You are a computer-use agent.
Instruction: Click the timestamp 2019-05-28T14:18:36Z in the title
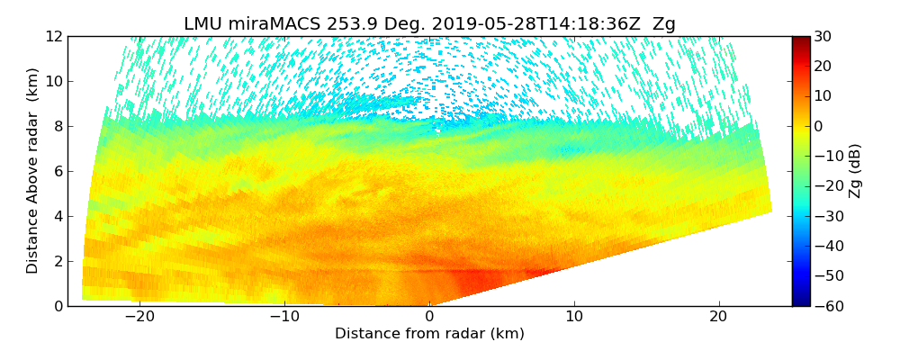(x=513, y=24)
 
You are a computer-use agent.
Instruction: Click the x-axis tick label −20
(x=139, y=317)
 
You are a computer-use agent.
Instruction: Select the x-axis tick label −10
(x=284, y=317)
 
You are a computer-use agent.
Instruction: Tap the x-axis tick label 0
(x=429, y=317)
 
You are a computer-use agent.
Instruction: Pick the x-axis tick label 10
(x=574, y=317)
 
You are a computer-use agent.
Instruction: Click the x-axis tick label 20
(x=719, y=317)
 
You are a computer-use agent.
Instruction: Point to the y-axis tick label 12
(x=53, y=36)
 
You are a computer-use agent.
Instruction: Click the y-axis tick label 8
(x=57, y=126)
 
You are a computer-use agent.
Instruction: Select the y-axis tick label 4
(x=57, y=216)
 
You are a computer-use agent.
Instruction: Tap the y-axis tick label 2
(x=57, y=261)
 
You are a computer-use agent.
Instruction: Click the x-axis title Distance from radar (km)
(x=429, y=334)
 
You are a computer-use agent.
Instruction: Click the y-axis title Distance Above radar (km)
(x=32, y=171)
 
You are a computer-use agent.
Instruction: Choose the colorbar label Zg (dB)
(x=856, y=171)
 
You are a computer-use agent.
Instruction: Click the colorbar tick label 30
(x=823, y=36)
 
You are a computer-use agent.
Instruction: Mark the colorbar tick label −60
(x=826, y=306)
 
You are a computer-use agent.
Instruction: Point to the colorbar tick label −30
(x=826, y=216)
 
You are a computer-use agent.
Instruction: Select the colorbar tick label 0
(x=819, y=126)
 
